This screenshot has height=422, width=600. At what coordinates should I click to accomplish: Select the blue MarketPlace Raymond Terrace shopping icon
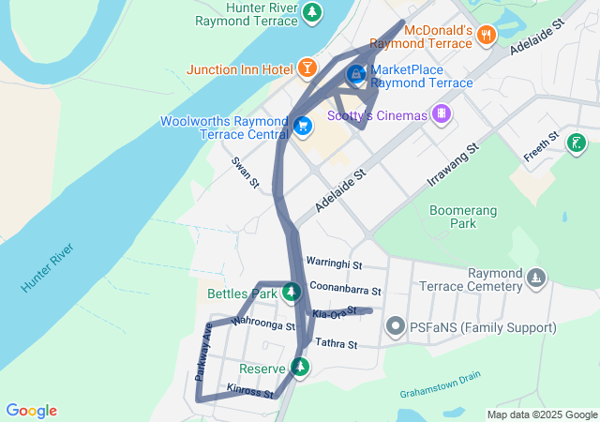point(356,73)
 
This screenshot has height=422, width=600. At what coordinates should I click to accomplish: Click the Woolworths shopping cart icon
point(302,125)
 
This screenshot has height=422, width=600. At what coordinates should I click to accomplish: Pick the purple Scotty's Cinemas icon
point(442,115)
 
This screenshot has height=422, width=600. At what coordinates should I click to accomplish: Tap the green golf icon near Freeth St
point(577,143)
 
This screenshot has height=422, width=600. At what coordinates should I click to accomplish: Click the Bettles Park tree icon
point(292,292)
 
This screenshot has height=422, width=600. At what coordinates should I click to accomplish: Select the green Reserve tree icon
point(300,367)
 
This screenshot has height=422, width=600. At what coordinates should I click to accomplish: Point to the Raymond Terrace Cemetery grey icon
point(535,278)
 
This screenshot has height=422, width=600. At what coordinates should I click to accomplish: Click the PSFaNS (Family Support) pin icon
point(396,326)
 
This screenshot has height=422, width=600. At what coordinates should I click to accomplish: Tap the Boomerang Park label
point(463,217)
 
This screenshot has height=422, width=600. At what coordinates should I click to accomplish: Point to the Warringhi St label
point(334,264)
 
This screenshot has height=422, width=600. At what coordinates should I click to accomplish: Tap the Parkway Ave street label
point(203,351)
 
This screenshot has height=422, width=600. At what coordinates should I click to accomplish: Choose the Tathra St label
point(337,344)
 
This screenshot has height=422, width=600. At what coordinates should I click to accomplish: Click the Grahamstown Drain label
point(440,383)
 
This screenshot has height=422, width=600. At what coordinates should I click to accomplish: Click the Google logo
point(31,411)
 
